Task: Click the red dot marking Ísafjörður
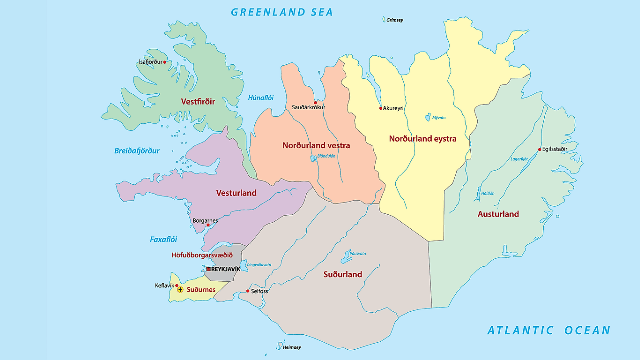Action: click(165, 62)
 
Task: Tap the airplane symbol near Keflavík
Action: click(180, 289)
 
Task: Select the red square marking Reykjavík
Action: click(208, 269)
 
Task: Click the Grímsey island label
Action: click(395, 20)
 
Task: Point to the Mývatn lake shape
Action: click(428, 117)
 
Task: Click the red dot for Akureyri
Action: click(381, 108)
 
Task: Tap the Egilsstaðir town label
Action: click(555, 149)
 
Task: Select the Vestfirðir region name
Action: click(198, 101)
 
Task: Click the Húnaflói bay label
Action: click(261, 98)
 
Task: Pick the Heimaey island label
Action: click(292, 347)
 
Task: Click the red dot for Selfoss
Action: click(248, 291)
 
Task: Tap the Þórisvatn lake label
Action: click(358, 254)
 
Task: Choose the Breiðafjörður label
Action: click(137, 151)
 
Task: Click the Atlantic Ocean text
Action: click(549, 330)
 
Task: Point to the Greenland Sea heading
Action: click(282, 12)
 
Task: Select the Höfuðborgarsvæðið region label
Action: click(202, 255)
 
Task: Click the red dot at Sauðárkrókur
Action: click(315, 103)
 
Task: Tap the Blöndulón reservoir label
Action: click(326, 156)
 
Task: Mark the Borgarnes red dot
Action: click(208, 225)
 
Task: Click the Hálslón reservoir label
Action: click(488, 193)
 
